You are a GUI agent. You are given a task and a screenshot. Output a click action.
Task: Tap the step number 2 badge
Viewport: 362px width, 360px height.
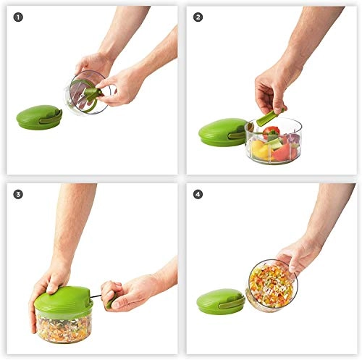pyautogui.click(x=197, y=17)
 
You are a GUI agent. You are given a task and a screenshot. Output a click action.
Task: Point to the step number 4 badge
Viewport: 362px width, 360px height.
pyautogui.click(x=197, y=194)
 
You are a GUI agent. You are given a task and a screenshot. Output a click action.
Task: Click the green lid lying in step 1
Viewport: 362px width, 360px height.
pyautogui.click(x=38, y=116)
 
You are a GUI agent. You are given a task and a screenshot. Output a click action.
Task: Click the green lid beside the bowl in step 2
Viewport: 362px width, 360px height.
pyautogui.click(x=221, y=133)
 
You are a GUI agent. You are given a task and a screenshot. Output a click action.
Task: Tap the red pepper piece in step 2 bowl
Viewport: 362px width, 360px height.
pyautogui.click(x=271, y=133)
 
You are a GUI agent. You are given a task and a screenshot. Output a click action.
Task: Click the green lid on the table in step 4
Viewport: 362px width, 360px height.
pyautogui.click(x=219, y=300)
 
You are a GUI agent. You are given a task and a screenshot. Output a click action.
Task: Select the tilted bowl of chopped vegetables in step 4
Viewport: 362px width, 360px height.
pyautogui.click(x=272, y=284)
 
